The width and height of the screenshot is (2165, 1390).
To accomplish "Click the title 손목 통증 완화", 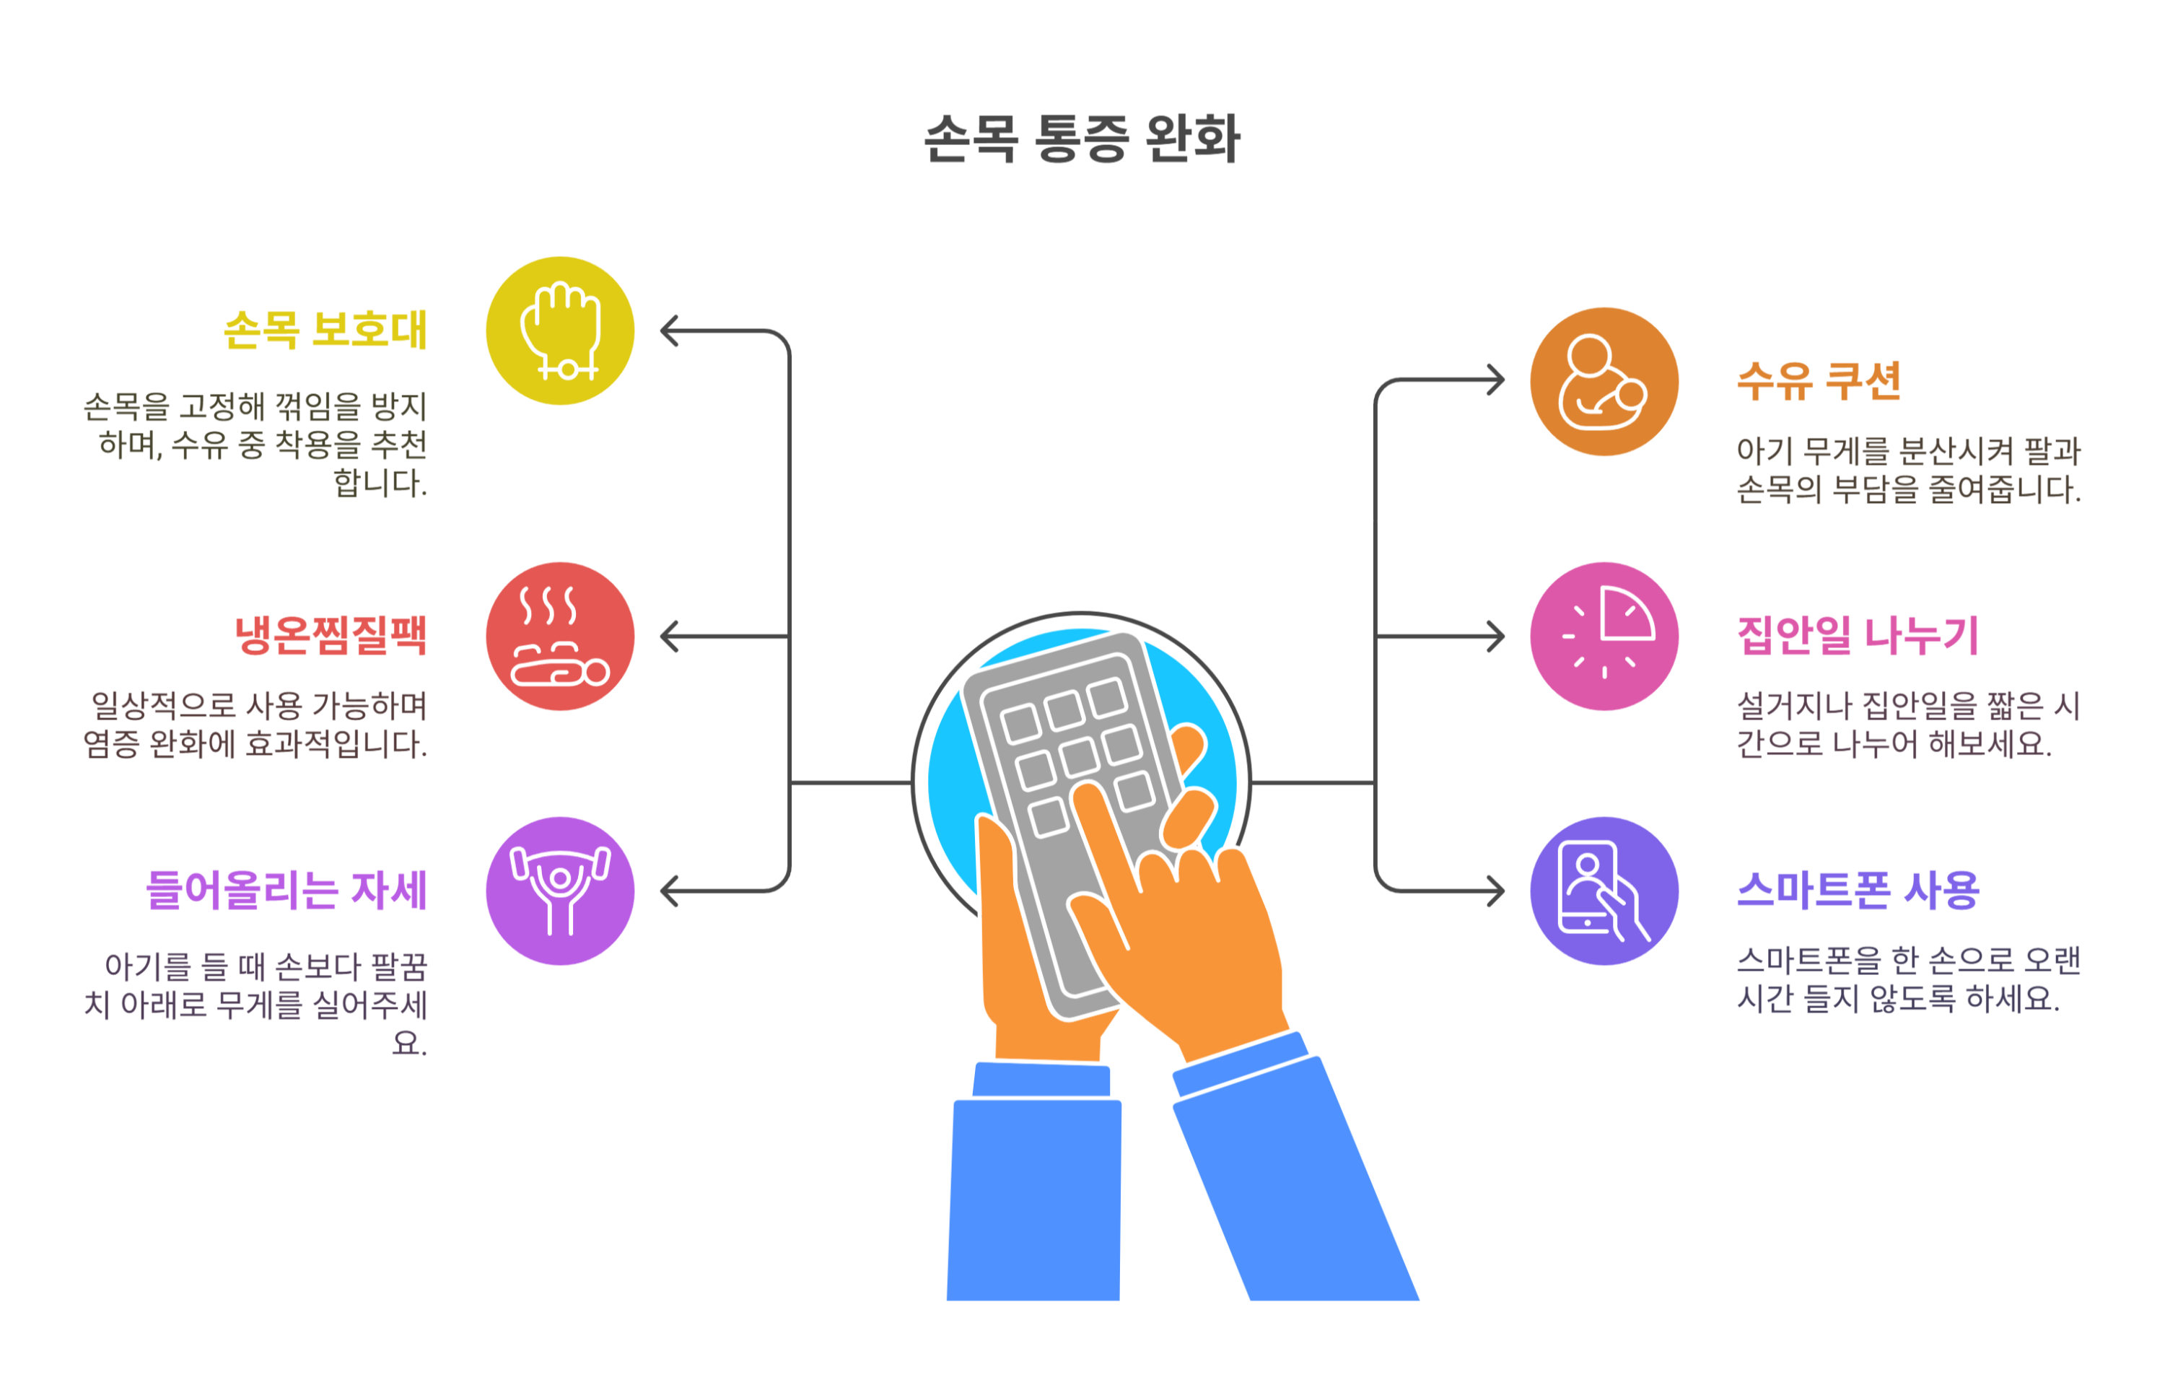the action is [x=1081, y=139].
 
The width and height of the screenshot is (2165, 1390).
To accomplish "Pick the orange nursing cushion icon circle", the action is [x=1604, y=381].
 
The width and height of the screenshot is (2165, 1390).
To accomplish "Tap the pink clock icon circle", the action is [x=1604, y=637].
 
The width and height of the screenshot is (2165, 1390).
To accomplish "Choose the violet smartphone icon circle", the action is [x=1604, y=891].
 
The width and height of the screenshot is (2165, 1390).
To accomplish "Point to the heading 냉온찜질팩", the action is [x=331, y=634].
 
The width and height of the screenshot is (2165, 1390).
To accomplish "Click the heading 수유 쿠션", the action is [x=1819, y=380].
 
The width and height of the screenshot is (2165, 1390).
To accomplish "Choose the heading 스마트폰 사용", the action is [x=1858, y=890].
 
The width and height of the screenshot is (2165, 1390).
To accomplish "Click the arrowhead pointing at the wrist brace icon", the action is [x=669, y=331].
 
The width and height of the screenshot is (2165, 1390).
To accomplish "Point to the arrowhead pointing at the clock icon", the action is [x=1495, y=637].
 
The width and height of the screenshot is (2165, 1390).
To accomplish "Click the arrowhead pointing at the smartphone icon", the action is [x=1495, y=891].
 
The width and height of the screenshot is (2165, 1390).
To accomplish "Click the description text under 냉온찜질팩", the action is [x=255, y=725].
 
